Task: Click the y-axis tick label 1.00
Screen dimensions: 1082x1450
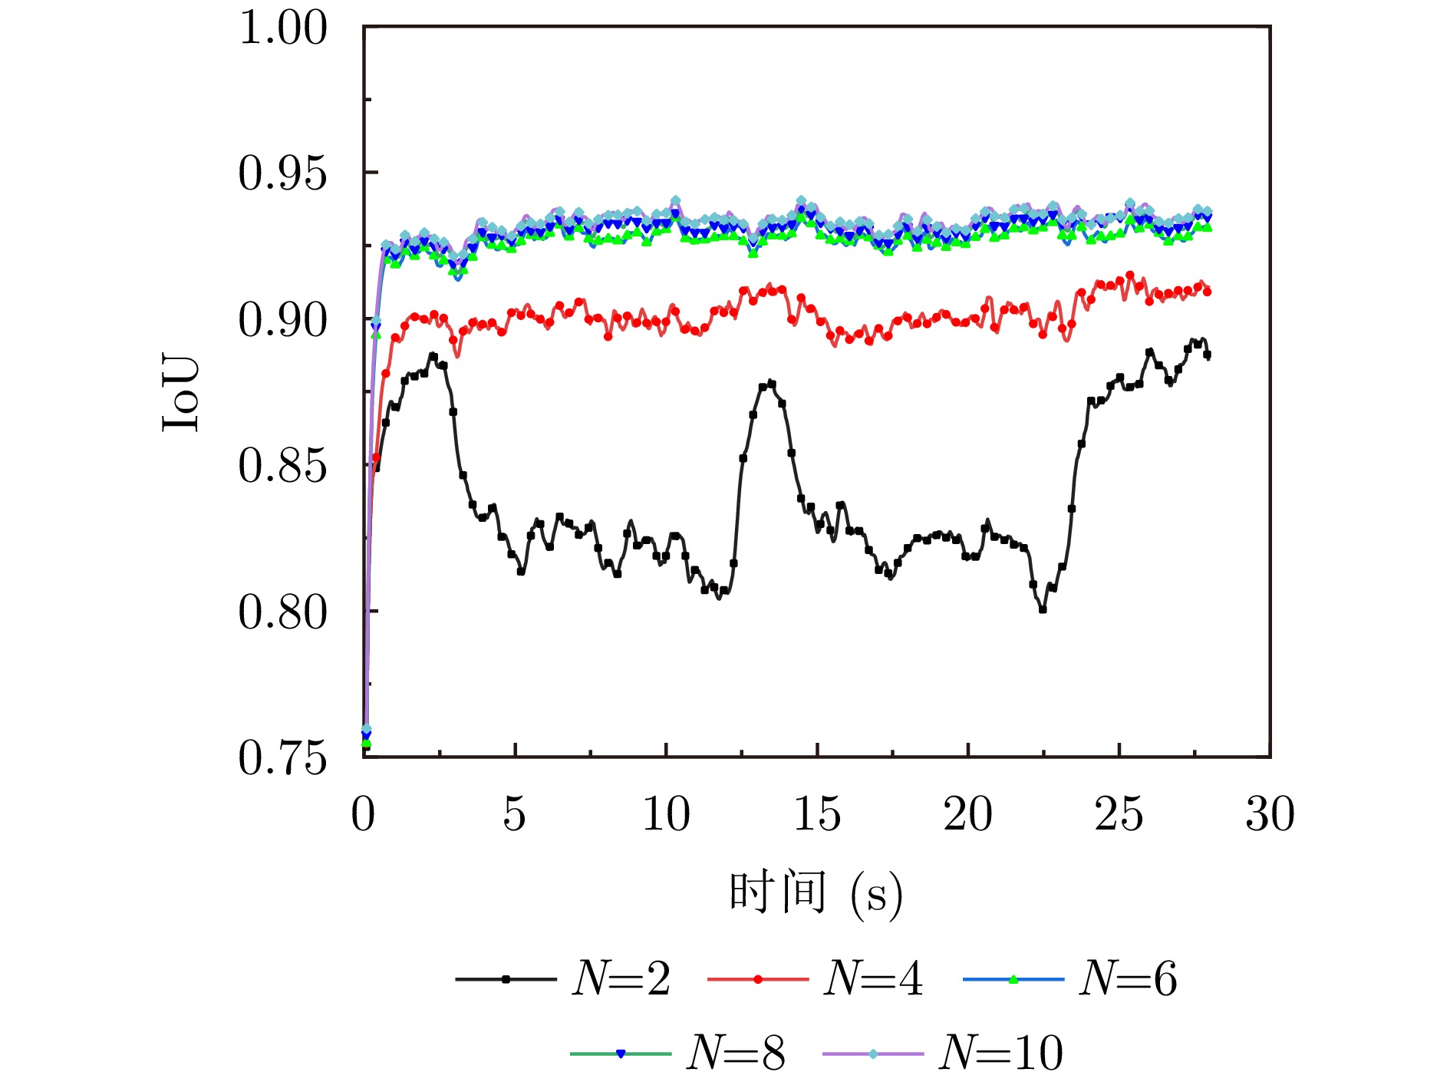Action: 283,28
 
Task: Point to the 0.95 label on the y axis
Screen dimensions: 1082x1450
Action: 283,173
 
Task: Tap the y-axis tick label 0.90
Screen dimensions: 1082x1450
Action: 283,320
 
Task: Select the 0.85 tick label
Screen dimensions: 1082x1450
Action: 283,466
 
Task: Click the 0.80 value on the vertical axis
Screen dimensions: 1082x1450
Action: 283,612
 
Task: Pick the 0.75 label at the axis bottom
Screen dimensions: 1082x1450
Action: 283,758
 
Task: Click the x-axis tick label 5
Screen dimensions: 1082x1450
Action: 515,814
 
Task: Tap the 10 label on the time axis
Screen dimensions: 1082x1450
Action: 666,814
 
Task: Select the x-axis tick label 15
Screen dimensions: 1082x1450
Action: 817,814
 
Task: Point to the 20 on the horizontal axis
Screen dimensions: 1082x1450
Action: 968,814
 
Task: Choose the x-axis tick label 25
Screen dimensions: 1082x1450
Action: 1119,814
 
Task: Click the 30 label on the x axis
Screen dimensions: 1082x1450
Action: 1270,814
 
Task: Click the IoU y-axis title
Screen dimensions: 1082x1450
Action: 182,393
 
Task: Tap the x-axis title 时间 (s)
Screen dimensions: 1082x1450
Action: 816,892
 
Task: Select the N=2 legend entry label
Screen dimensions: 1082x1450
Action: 621,979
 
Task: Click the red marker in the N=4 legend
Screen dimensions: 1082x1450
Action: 758,979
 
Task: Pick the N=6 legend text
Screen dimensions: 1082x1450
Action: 1128,979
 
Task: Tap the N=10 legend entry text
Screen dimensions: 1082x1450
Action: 1001,1053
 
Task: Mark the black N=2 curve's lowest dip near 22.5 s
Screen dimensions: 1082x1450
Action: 1043,609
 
